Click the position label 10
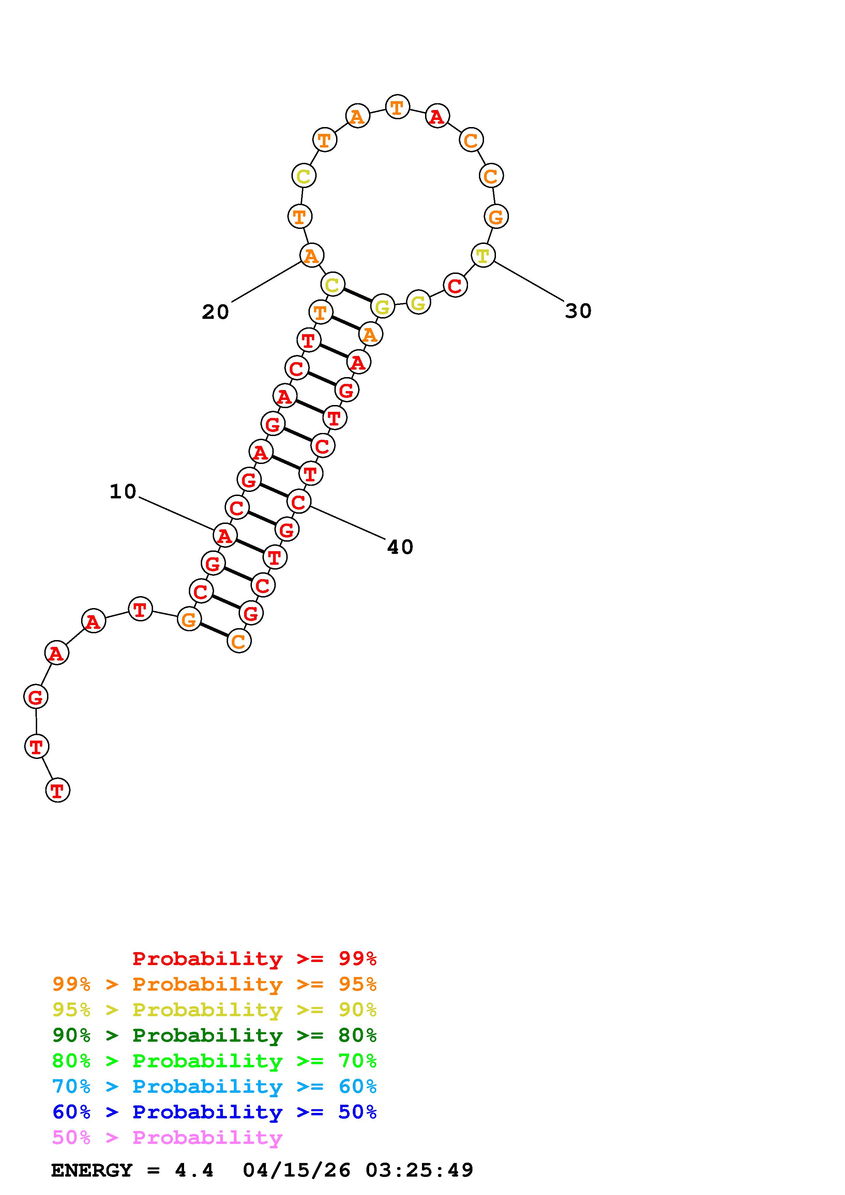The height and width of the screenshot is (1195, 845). click(x=123, y=491)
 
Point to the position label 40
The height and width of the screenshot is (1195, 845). click(x=400, y=547)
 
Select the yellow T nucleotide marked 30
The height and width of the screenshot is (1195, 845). click(x=483, y=255)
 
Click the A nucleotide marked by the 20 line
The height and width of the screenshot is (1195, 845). click(x=312, y=255)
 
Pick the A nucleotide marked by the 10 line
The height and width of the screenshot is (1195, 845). click(x=225, y=535)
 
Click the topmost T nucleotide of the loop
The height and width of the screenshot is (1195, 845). click(x=397, y=108)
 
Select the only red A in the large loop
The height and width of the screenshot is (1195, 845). click(x=437, y=116)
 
